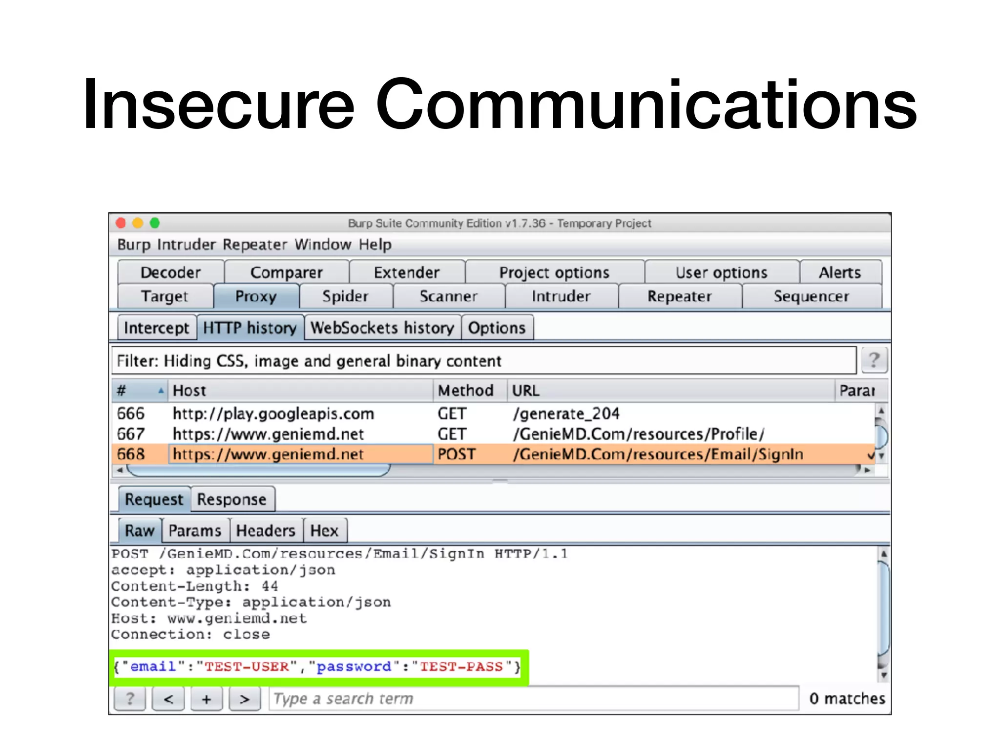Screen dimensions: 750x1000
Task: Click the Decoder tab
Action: click(x=170, y=272)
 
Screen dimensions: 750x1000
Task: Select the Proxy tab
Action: click(x=256, y=296)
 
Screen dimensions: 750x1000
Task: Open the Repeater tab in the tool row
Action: click(x=679, y=296)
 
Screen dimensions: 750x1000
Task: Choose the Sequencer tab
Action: click(x=811, y=296)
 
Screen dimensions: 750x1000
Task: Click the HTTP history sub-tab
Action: click(x=250, y=328)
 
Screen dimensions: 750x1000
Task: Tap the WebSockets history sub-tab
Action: click(x=382, y=328)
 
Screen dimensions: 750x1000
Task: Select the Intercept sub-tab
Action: click(x=156, y=328)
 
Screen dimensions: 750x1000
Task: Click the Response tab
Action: click(x=232, y=500)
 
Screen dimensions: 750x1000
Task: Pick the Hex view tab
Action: click(x=324, y=531)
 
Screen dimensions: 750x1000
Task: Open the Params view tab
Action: click(x=195, y=531)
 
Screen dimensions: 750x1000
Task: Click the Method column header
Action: click(x=466, y=391)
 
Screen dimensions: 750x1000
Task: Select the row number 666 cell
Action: click(x=131, y=414)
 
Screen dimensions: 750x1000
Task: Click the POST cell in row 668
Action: click(x=456, y=455)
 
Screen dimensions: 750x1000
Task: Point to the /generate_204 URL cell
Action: click(x=566, y=414)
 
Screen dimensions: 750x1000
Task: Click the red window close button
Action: click(x=121, y=223)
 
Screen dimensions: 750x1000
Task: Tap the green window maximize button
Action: click(x=155, y=223)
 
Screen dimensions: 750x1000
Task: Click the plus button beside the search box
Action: click(x=207, y=699)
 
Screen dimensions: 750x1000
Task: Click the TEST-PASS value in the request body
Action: click(x=461, y=667)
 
